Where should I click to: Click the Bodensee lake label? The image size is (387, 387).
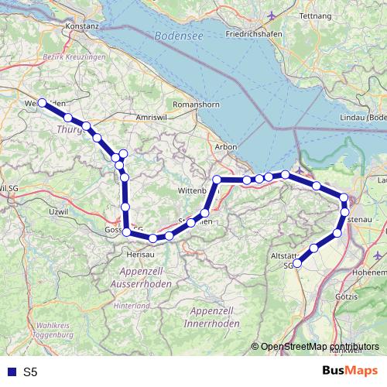pyautogui.click(x=179, y=36)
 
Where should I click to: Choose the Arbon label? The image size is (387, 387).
pyautogui.click(x=226, y=146)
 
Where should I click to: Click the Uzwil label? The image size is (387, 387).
pyautogui.click(x=58, y=211)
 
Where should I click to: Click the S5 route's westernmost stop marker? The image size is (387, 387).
pyautogui.click(x=42, y=102)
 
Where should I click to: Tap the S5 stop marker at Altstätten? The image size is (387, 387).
pyautogui.click(x=297, y=264)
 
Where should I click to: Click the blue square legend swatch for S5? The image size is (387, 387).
pyautogui.click(x=12, y=372)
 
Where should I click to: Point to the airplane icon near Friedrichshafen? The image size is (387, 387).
pyautogui.click(x=269, y=15)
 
